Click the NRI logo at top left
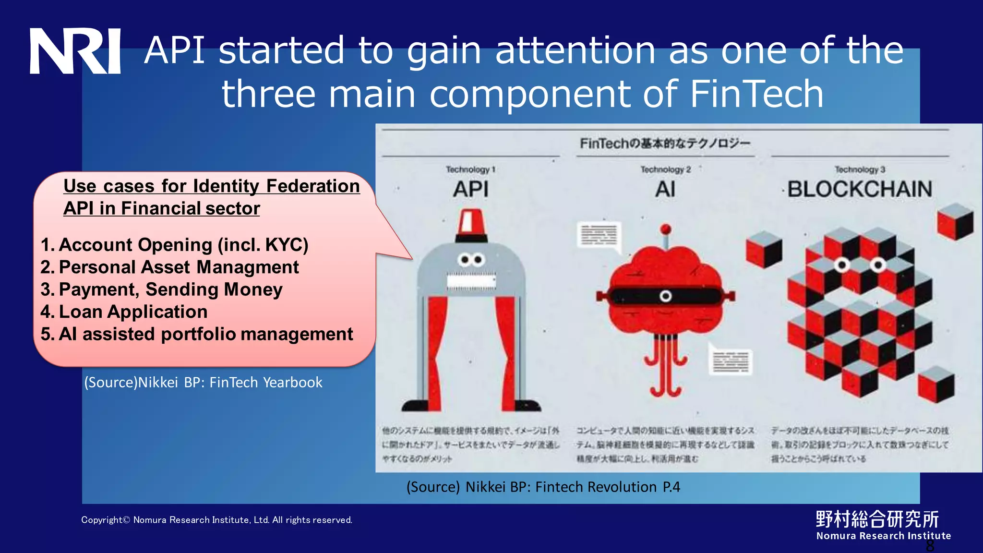[x=75, y=51]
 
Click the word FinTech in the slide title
[x=756, y=94]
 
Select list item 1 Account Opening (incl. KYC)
[x=174, y=245]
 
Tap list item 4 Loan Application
[x=124, y=312]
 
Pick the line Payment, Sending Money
[x=161, y=289]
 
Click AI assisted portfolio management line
[x=197, y=334]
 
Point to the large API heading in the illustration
[x=470, y=189]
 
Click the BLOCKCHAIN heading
[x=859, y=189]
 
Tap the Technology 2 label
[x=665, y=169]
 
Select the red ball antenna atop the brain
[x=665, y=229]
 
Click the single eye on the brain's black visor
[x=665, y=296]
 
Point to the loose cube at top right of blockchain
[x=955, y=221]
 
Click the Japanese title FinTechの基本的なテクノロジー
[x=665, y=143]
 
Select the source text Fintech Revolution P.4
[x=543, y=487]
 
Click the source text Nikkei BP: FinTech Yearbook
[x=204, y=382]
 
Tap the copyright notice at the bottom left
[x=216, y=520]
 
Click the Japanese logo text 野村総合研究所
[x=877, y=519]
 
